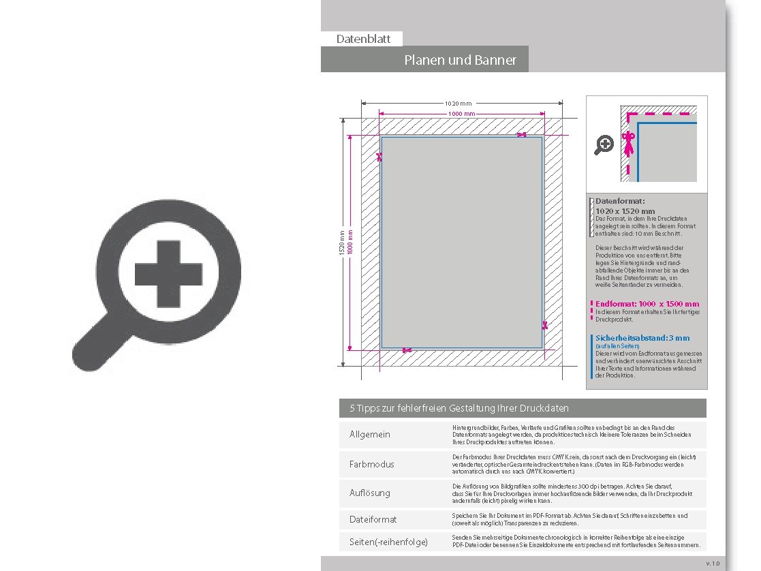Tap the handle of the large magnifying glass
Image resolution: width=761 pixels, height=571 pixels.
[x=96, y=347]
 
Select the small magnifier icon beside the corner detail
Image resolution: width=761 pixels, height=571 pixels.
[x=604, y=144]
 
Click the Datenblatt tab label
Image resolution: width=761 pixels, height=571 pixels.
[x=363, y=39]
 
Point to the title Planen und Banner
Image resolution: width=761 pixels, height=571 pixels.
[x=460, y=60]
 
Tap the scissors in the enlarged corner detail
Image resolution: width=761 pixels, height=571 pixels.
[x=628, y=143]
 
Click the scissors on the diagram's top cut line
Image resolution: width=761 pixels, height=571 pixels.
[x=521, y=135]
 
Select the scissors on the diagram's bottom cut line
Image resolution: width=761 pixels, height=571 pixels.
[x=407, y=350]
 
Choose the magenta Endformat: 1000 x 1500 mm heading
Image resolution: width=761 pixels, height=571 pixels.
[x=647, y=304]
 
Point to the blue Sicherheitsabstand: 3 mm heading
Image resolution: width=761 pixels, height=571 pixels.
[x=642, y=338]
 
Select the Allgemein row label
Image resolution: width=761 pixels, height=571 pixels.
[x=370, y=435]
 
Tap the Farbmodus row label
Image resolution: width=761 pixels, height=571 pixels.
[x=372, y=464]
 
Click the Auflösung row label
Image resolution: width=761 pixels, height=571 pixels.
[x=370, y=493]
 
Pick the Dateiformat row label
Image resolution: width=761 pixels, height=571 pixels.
[x=373, y=519]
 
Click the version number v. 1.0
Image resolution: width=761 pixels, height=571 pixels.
[x=713, y=564]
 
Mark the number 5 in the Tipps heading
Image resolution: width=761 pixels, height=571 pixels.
[x=352, y=408]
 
